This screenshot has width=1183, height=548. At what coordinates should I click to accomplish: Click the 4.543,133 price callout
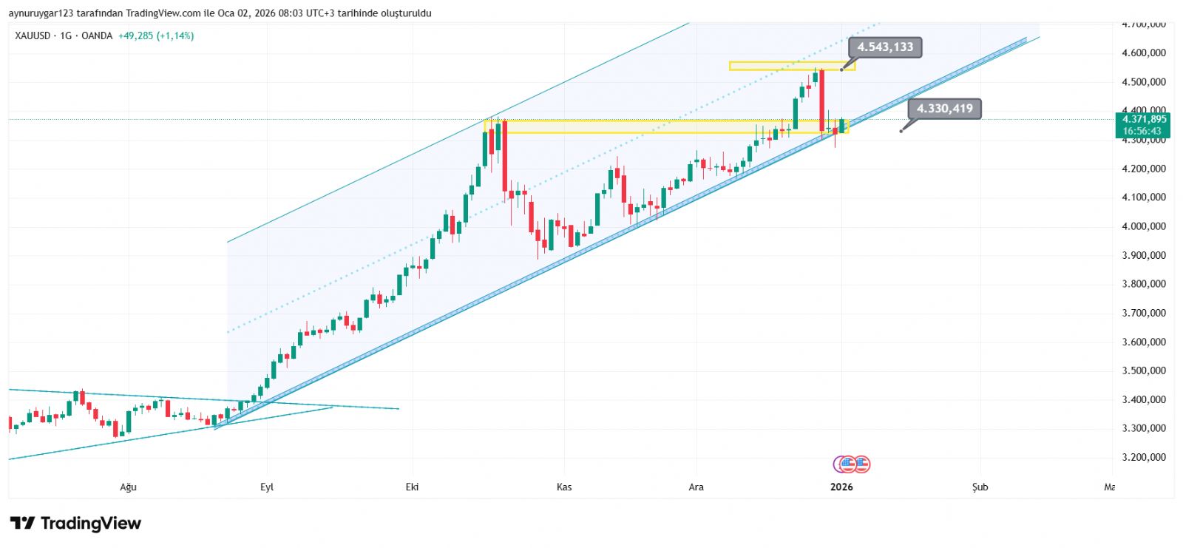tap(885, 47)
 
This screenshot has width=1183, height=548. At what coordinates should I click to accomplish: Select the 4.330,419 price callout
tap(944, 109)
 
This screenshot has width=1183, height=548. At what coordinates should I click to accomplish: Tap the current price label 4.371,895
tap(1144, 119)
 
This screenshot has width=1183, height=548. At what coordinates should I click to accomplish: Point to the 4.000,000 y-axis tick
tap(1144, 226)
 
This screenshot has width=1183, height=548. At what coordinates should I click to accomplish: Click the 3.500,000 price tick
tap(1144, 371)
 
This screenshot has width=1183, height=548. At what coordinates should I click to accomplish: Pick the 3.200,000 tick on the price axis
tap(1144, 457)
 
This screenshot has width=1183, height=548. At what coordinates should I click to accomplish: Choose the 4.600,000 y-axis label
tap(1144, 53)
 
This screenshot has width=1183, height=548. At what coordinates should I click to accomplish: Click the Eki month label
tap(413, 487)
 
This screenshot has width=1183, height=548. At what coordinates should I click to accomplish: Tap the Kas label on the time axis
tap(564, 487)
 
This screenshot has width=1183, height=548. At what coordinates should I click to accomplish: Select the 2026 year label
tap(841, 487)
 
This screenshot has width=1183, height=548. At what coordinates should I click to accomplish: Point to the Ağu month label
tap(129, 487)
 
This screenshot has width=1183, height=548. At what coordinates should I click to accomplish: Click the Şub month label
tap(980, 487)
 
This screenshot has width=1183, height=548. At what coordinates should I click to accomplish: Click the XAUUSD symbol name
tap(32, 35)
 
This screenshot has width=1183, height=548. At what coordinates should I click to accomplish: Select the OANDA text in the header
tap(97, 35)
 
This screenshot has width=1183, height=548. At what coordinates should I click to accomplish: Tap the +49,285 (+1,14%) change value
tap(156, 35)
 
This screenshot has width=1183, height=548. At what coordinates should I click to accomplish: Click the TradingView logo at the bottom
tap(75, 524)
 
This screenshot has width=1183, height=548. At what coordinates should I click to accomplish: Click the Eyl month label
tap(267, 487)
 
